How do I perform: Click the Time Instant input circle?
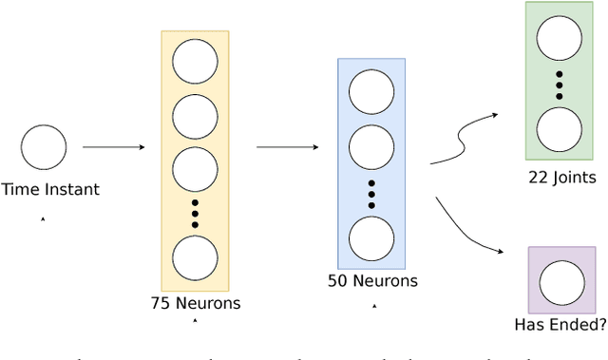[x=44, y=147]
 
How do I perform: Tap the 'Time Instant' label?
[x=49, y=189]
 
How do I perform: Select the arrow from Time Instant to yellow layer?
[x=113, y=147]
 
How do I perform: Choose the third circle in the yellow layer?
[x=195, y=169]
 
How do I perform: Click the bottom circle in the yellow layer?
[x=195, y=257]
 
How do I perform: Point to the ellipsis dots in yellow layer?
[x=195, y=214]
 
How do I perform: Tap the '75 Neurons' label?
[x=195, y=304]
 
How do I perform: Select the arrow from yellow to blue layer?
[x=288, y=147]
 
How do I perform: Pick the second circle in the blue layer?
[x=371, y=147]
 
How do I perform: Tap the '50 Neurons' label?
[x=371, y=281]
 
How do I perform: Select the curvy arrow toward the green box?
[x=464, y=140]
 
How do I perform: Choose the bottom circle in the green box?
[x=560, y=129]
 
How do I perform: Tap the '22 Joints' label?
[x=561, y=177]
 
